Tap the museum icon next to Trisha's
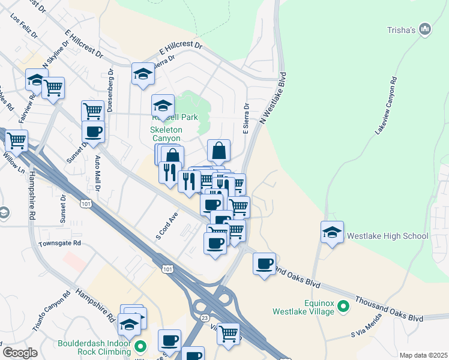coord(426,29)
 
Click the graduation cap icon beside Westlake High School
coord(332,232)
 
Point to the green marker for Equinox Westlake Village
coord(343,307)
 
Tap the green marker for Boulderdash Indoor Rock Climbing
coord(140,346)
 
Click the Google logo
coord(20,353)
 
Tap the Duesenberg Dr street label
coord(110,90)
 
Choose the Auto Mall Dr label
coord(98,174)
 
